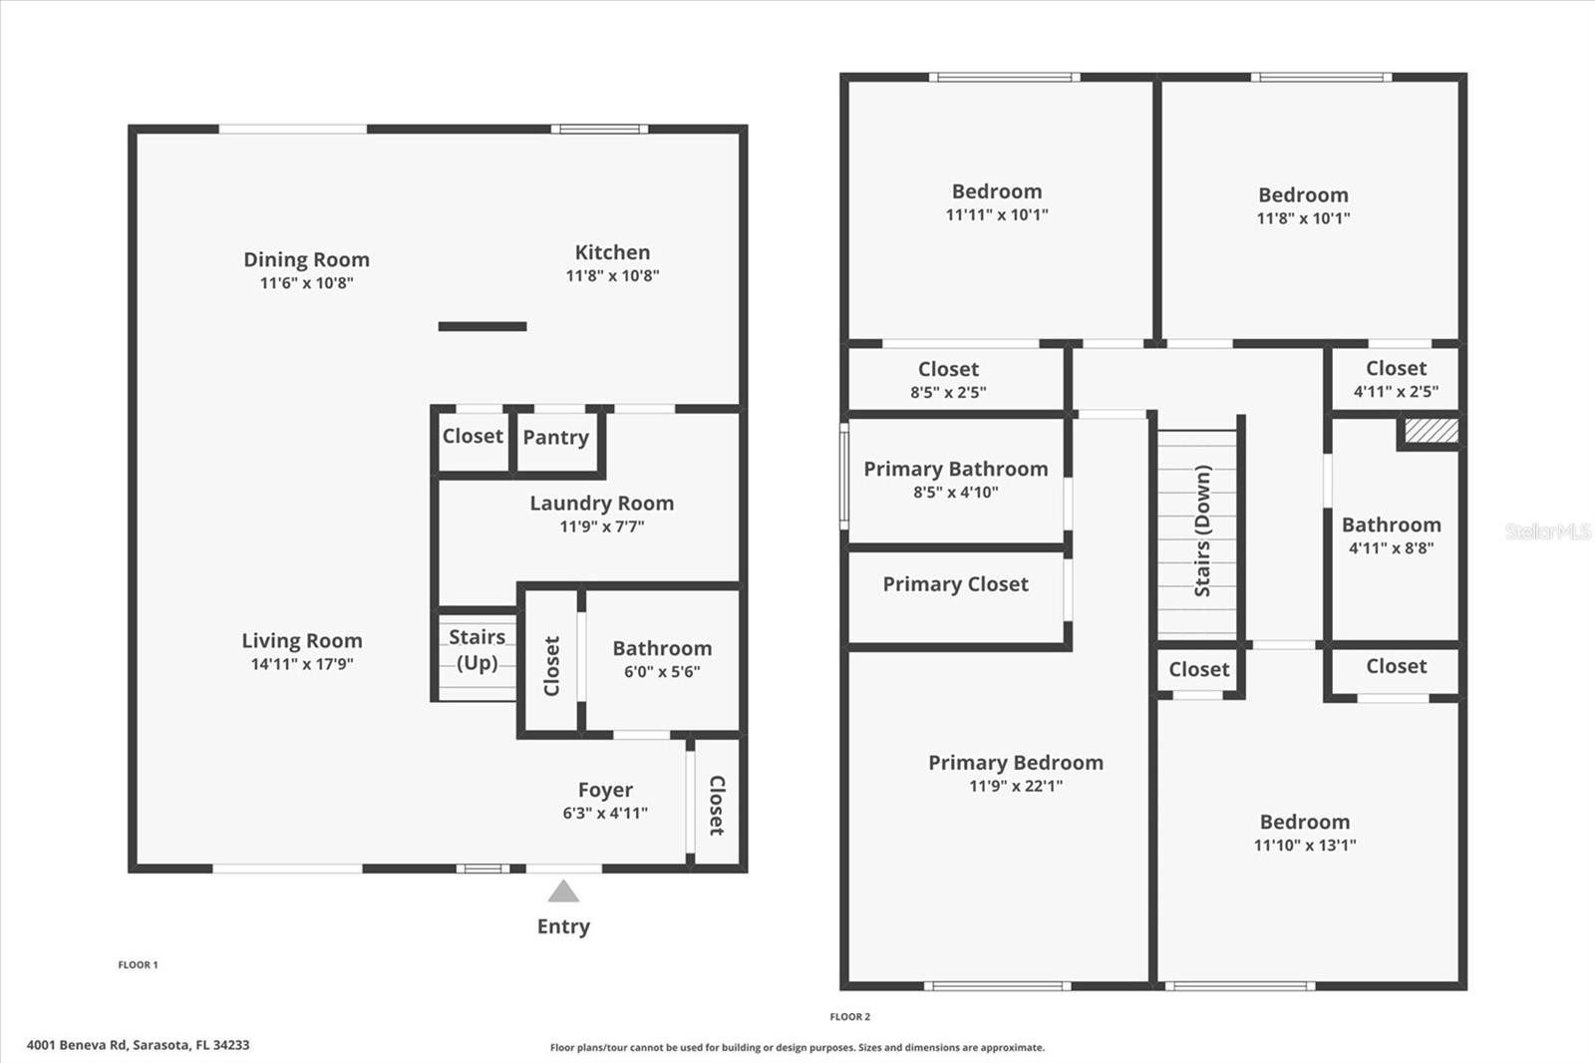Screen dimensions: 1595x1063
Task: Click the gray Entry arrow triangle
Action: coord(563,891)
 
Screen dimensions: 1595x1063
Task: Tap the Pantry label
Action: coord(556,438)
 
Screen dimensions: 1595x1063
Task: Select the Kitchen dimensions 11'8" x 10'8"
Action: coord(612,276)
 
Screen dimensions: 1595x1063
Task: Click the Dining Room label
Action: coord(306,260)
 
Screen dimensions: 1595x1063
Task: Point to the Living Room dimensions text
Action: coord(302,664)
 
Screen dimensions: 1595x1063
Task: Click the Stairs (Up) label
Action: coord(478,650)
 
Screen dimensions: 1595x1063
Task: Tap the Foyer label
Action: coord(605,790)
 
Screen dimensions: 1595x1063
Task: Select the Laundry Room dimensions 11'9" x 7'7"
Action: coord(602,527)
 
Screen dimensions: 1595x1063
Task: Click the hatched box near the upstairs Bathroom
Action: coord(1432,431)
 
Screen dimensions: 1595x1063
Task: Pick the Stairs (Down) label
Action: coord(1202,531)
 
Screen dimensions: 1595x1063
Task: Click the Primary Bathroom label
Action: coord(956,469)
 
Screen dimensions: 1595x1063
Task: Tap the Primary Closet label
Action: coord(956,584)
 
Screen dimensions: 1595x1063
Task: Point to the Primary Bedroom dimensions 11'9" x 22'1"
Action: coord(1016,786)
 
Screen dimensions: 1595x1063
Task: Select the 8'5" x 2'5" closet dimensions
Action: coord(948,392)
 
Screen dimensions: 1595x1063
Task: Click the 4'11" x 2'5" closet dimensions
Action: coord(1396,391)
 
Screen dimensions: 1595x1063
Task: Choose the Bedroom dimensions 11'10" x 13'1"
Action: coord(1305,845)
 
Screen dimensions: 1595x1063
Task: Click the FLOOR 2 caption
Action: coord(850,1017)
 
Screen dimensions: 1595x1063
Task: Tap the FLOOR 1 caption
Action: coord(139,964)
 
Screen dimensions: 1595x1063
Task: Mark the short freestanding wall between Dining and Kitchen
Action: coord(482,326)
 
